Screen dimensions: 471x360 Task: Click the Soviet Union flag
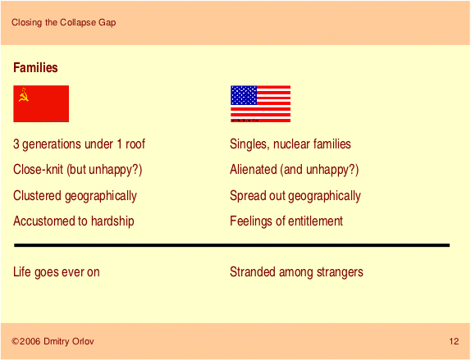pyautogui.click(x=41, y=103)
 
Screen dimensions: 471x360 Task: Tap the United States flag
pyautogui.click(x=260, y=103)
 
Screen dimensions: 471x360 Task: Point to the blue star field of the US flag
pyautogui.click(x=244, y=95)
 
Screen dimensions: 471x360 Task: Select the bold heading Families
pyautogui.click(x=35, y=67)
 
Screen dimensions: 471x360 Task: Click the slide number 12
pyautogui.click(x=455, y=341)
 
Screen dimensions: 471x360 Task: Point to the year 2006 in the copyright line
pyautogui.click(x=30, y=341)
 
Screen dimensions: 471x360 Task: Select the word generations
pyautogui.click(x=53, y=144)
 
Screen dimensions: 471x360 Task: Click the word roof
pyautogui.click(x=135, y=144)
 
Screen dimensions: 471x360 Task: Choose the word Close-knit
pyautogui.click(x=38, y=170)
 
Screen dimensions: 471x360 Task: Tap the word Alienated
pyautogui.click(x=254, y=170)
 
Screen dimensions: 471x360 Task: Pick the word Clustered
pyautogui.click(x=37, y=195)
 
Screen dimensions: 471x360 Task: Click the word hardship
pyautogui.click(x=112, y=221)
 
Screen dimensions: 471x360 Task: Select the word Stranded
pyautogui.click(x=253, y=272)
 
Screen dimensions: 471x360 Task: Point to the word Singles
pyautogui.click(x=249, y=144)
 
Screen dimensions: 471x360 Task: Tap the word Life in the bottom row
pyautogui.click(x=22, y=272)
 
